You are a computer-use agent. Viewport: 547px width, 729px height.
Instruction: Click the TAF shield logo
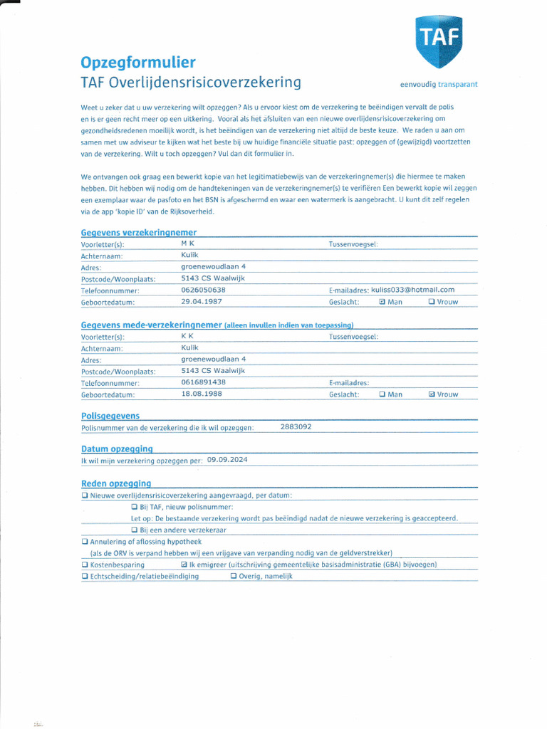click(439, 41)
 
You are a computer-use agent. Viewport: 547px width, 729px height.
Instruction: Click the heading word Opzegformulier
click(138, 63)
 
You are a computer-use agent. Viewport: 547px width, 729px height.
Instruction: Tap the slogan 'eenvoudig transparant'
click(439, 84)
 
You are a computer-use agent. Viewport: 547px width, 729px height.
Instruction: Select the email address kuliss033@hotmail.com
click(412, 290)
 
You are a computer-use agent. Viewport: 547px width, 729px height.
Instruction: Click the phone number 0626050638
click(203, 290)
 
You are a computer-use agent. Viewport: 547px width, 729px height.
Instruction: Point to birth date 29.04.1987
click(203, 302)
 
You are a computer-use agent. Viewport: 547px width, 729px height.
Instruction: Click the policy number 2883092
click(296, 427)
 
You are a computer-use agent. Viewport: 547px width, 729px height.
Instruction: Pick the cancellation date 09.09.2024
click(227, 461)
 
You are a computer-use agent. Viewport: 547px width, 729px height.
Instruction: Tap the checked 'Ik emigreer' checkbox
click(184, 565)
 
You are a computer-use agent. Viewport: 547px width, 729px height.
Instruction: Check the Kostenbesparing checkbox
click(85, 565)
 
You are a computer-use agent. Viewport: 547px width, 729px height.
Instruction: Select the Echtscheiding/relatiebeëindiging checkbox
click(85, 577)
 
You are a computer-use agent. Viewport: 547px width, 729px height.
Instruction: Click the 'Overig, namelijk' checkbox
click(234, 577)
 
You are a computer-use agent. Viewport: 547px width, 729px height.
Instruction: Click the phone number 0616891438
click(203, 382)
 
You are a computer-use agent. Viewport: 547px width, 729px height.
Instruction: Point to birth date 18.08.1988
click(203, 394)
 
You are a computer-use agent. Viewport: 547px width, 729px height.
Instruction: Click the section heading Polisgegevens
click(110, 416)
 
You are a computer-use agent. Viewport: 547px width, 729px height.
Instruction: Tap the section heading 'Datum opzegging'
click(117, 449)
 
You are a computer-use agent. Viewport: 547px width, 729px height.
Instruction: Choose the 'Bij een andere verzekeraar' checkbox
click(135, 530)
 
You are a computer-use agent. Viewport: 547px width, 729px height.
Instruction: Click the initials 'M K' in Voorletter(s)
click(187, 243)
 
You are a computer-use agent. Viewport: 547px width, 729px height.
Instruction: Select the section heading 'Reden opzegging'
click(116, 483)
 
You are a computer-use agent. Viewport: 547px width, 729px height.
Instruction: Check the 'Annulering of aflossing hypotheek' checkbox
click(85, 542)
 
